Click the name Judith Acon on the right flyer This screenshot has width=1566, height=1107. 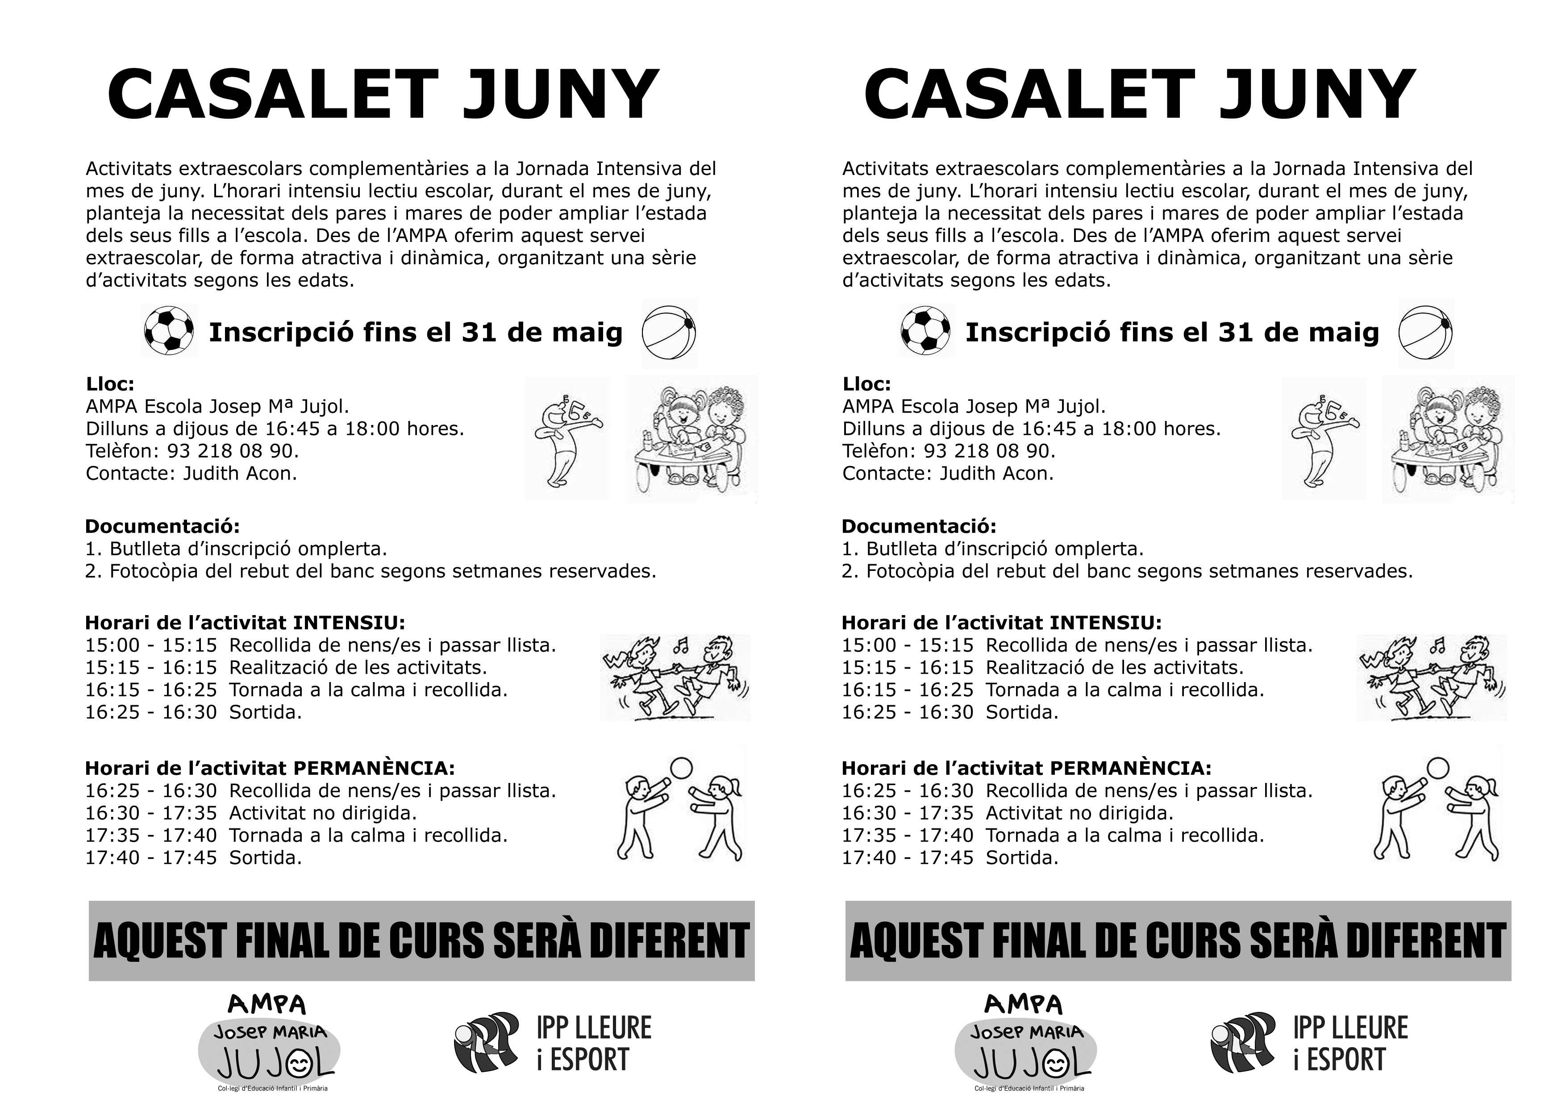tap(996, 473)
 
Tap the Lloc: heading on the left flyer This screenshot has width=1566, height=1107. tap(110, 384)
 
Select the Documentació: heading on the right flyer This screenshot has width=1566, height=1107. tap(919, 527)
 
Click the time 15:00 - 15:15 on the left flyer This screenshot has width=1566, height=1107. tap(151, 645)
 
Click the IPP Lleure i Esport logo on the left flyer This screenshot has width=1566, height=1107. tap(553, 1044)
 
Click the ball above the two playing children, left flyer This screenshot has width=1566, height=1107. tap(682, 767)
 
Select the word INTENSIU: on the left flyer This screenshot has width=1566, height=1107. tap(349, 623)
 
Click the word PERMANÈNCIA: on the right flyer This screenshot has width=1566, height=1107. tap(1131, 769)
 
